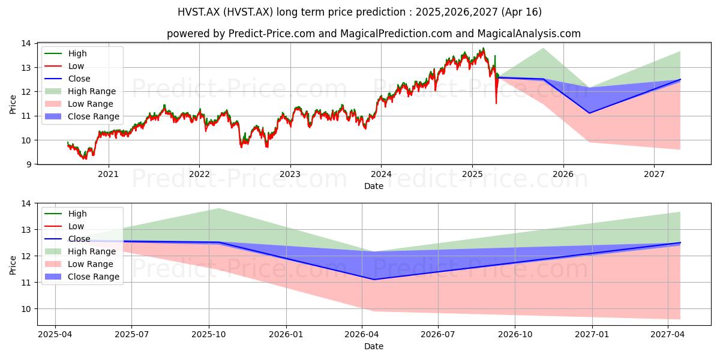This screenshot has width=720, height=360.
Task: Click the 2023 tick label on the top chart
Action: (x=290, y=174)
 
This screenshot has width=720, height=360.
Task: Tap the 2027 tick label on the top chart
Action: (x=654, y=174)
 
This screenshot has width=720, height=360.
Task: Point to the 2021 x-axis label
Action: (x=109, y=174)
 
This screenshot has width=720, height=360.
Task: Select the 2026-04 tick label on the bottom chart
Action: (x=362, y=335)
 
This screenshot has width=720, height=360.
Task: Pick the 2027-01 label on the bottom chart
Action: (x=592, y=335)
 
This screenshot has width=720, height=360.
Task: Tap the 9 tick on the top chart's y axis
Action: (x=29, y=164)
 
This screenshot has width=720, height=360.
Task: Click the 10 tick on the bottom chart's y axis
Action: (x=26, y=309)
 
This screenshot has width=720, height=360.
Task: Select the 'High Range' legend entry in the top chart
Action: (x=80, y=91)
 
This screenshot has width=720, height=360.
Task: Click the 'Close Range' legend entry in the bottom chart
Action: (x=82, y=277)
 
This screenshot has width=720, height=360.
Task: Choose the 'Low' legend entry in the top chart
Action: (x=64, y=66)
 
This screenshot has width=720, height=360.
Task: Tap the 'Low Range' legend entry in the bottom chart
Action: (x=79, y=264)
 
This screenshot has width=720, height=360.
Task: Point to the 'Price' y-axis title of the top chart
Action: (x=13, y=104)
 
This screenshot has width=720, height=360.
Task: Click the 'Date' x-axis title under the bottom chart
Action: (x=373, y=347)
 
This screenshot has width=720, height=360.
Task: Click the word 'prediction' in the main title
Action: (x=383, y=12)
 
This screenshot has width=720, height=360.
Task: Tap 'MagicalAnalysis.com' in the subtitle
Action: (x=529, y=34)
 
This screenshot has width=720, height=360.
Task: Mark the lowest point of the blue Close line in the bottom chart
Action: (x=374, y=280)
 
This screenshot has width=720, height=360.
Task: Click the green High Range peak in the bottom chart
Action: (x=218, y=209)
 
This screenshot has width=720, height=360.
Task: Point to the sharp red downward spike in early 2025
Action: (x=496, y=103)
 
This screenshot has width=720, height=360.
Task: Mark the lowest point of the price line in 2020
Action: (x=84, y=159)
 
